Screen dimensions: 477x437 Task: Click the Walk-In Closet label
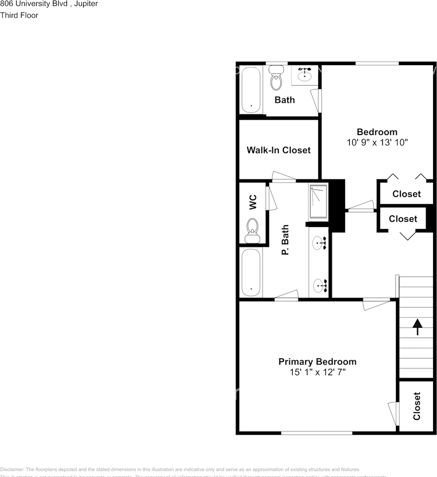[278, 150]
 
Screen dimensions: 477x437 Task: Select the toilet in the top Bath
[275, 80]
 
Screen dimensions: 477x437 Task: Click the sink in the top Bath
[304, 76]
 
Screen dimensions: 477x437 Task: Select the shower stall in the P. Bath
[318, 202]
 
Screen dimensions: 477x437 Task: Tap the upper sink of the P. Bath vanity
[318, 243]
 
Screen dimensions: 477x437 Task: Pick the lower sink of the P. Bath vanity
[318, 285]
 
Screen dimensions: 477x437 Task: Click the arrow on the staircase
[417, 326]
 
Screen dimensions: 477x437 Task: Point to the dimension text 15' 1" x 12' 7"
[317, 372]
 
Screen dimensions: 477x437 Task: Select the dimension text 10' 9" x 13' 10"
[377, 142]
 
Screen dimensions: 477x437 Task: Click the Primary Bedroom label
[317, 362]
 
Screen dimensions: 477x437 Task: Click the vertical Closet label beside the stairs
[417, 406]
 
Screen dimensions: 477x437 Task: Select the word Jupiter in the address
[86, 4]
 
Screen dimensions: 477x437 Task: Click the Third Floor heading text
[19, 15]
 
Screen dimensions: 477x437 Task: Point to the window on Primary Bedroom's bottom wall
[317, 432]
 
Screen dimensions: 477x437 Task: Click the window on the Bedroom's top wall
[377, 63]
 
